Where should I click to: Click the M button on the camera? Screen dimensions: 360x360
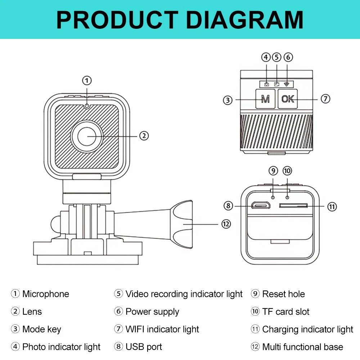point(265,99)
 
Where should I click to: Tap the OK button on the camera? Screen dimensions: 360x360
point(288,99)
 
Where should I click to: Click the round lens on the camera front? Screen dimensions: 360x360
point(87,136)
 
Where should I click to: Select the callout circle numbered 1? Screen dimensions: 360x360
point(87,80)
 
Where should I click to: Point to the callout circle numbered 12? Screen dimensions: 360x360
point(225,224)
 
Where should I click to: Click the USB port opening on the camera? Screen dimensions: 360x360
point(261,206)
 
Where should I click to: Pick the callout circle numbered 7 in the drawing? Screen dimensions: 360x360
point(325,99)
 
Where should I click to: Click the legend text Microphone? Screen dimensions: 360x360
point(45,294)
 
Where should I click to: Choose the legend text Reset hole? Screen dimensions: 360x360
point(283,294)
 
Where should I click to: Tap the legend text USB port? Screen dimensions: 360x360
point(144,347)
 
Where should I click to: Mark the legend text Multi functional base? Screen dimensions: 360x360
point(302,347)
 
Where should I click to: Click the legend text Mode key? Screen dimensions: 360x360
point(41,329)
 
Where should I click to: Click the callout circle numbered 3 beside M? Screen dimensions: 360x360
point(228,100)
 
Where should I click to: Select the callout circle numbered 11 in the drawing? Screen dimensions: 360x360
point(332,206)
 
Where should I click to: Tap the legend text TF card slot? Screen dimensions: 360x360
point(285,312)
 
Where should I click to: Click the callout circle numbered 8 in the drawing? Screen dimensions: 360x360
point(228,206)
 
